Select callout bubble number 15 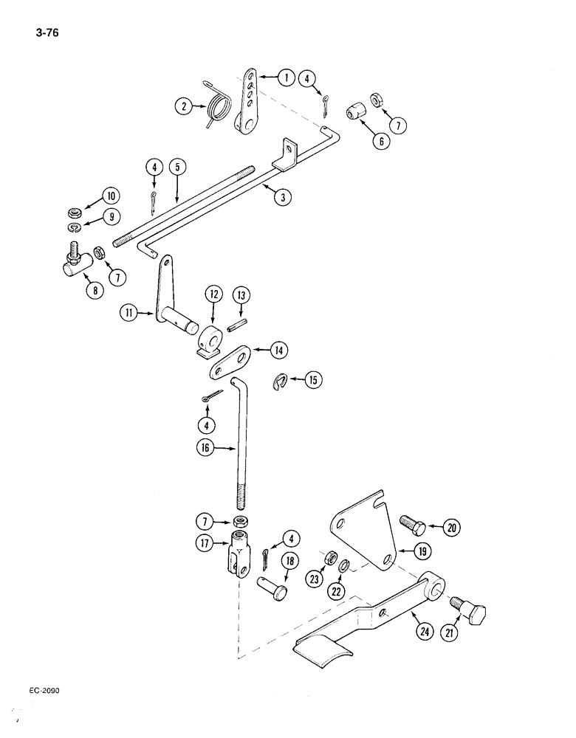pos(313,380)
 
